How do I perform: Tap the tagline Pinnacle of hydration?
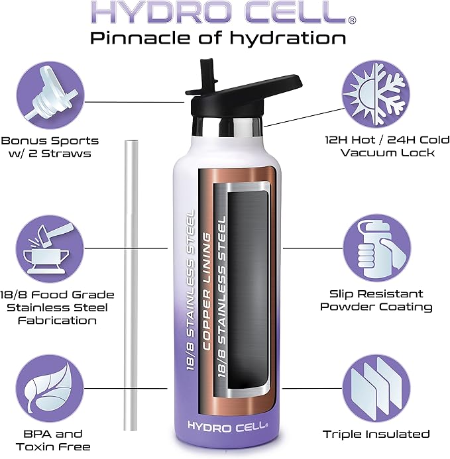[x=218, y=38]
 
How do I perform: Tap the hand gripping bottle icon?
[x=376, y=246]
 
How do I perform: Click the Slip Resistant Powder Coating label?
[x=376, y=300]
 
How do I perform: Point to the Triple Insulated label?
[x=376, y=434]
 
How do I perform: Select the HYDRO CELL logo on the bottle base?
[x=225, y=425]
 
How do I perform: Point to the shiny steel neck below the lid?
[x=225, y=125]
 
